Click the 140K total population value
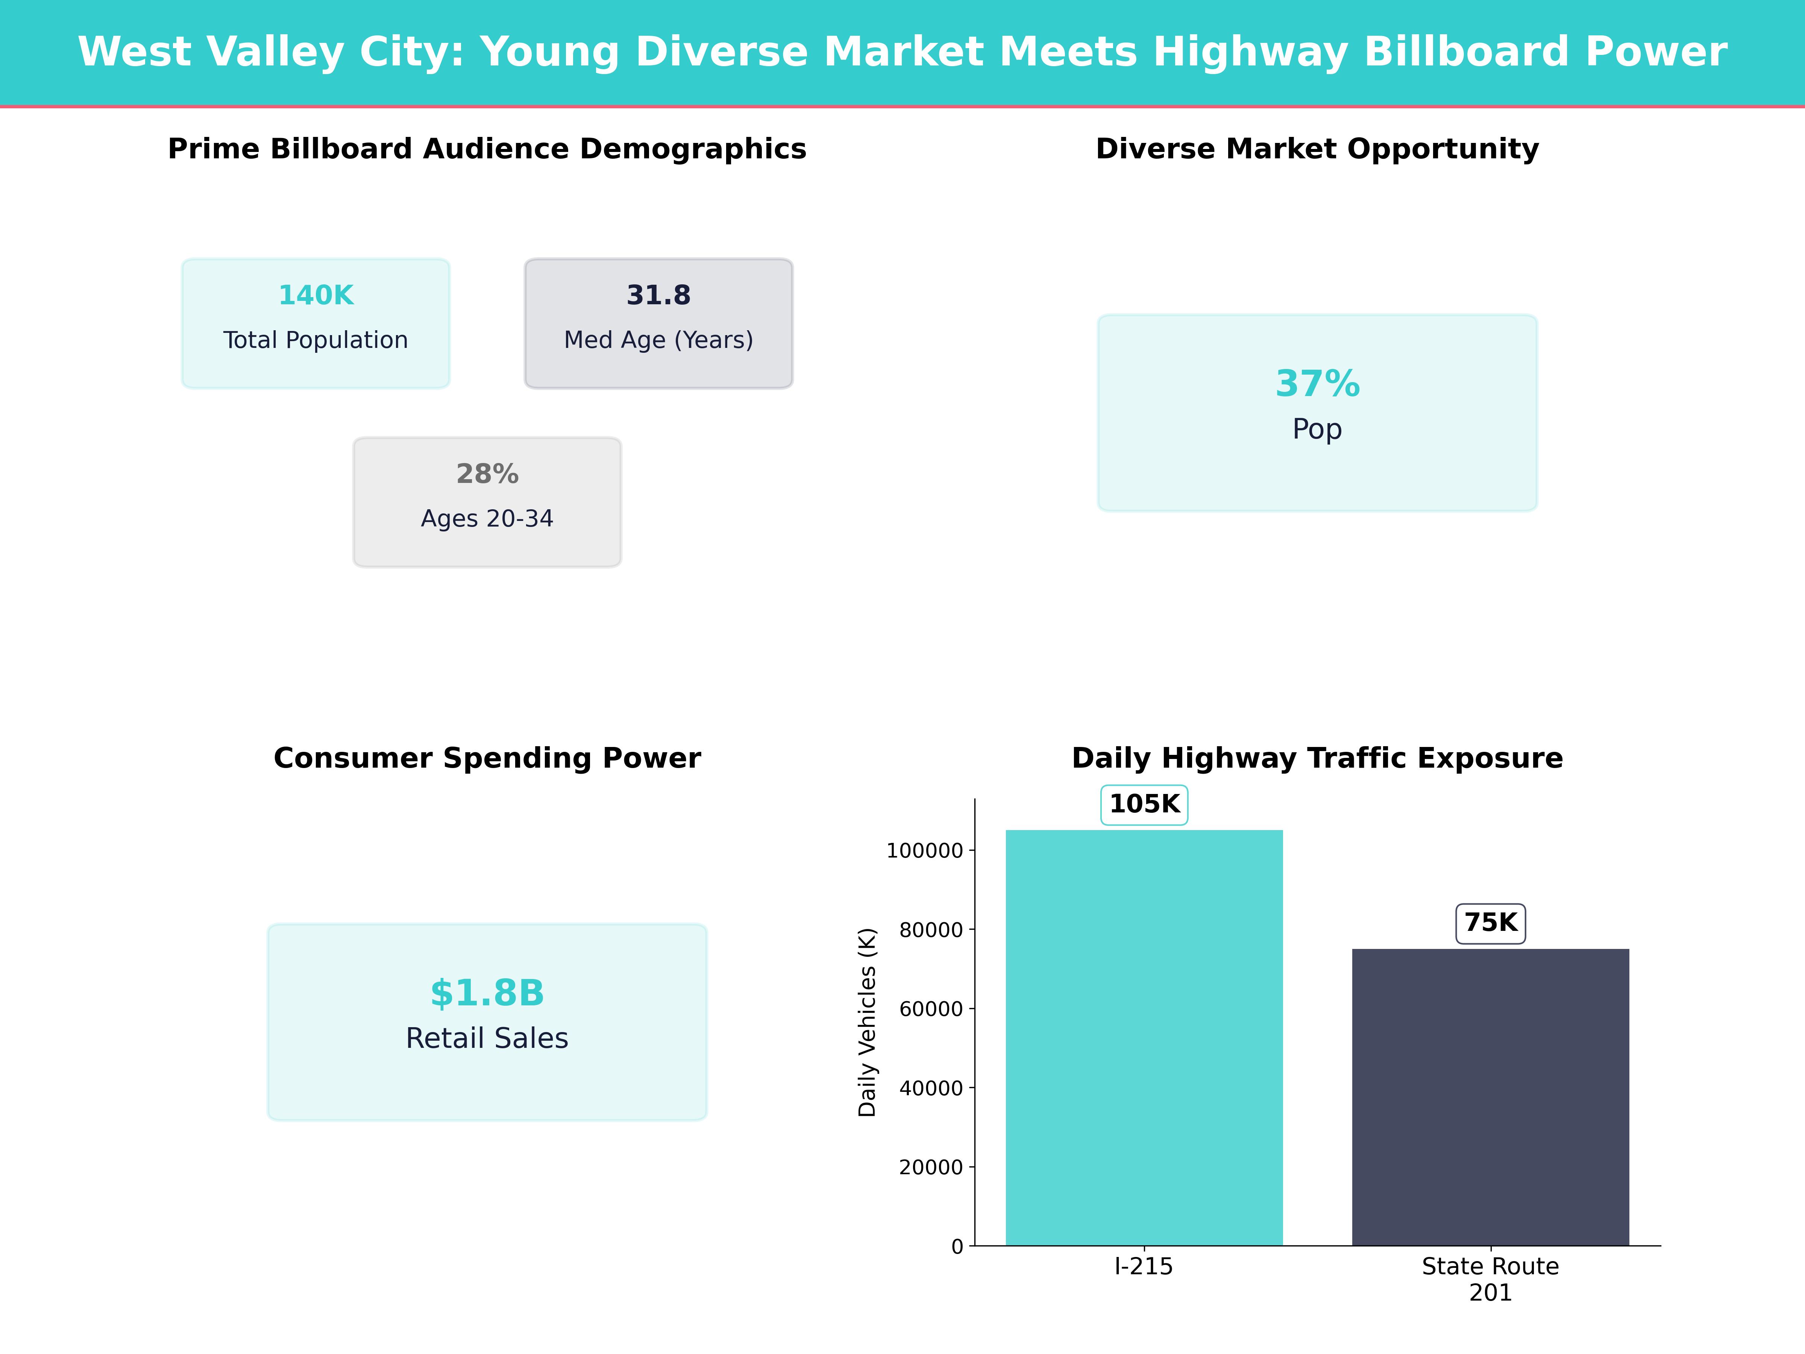[316, 296]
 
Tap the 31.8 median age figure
[658, 296]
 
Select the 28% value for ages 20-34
[487, 474]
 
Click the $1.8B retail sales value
[487, 993]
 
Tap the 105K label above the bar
[1144, 805]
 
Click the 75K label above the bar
[1490, 923]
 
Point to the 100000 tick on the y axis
[925, 851]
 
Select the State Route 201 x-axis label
[1490, 1279]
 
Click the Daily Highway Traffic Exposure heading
[1317, 758]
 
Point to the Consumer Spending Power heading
[487, 758]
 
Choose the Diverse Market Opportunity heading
[1317, 149]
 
